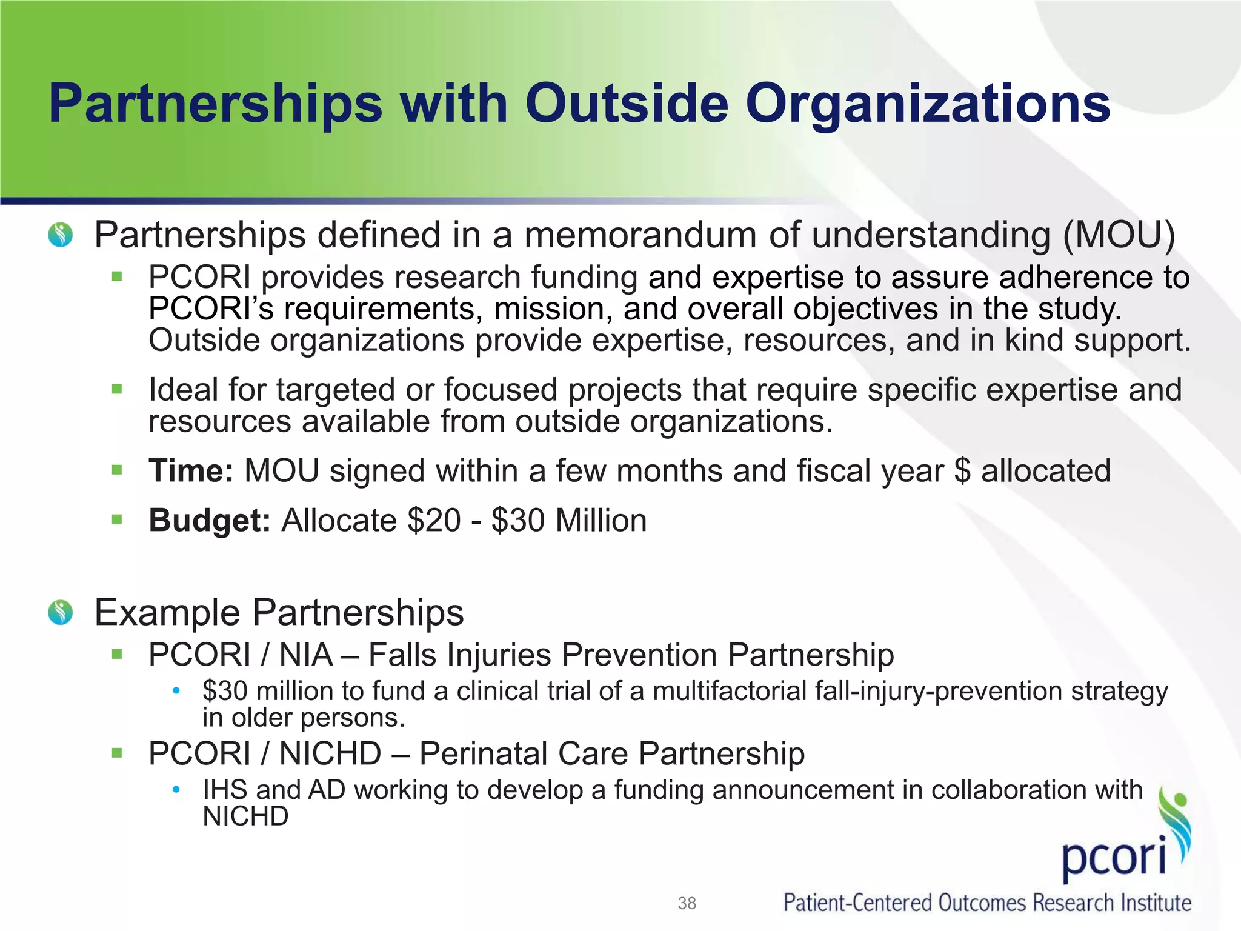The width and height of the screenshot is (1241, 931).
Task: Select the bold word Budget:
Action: tap(210, 521)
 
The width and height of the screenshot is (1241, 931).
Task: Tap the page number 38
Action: tap(687, 903)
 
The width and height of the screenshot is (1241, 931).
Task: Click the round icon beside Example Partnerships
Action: tap(61, 613)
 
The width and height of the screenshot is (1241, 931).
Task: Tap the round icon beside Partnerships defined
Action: tap(61, 235)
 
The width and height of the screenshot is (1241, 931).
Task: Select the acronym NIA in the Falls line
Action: tap(306, 655)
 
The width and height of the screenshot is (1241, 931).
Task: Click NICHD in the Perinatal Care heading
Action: tap(330, 754)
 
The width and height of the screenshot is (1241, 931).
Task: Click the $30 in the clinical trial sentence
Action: tap(225, 691)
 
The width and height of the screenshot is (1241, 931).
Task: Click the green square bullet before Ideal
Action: tap(117, 389)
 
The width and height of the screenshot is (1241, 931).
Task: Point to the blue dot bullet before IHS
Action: tap(176, 789)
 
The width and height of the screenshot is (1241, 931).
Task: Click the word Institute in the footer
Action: tap(1155, 903)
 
